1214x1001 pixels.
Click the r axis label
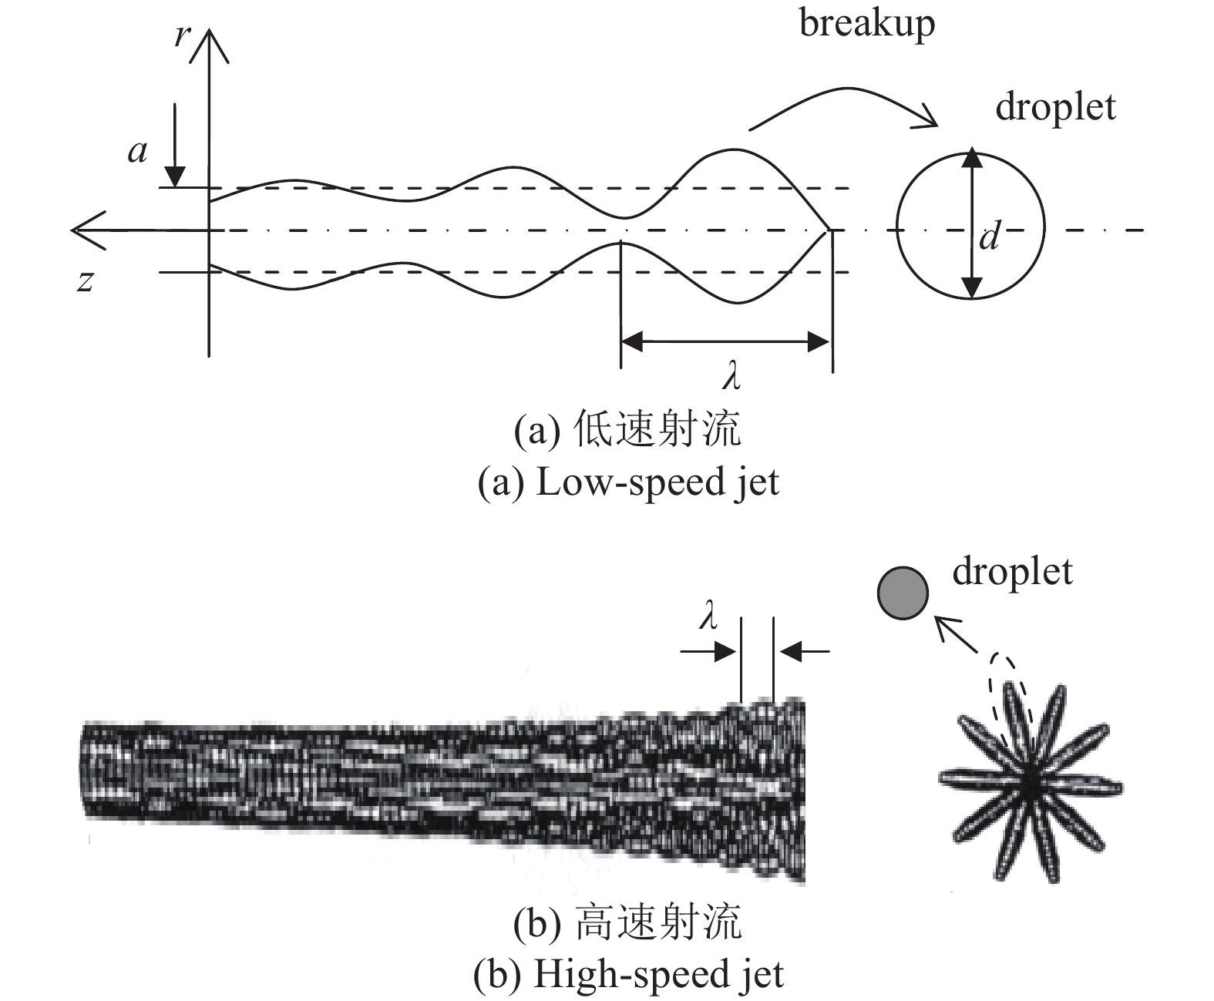tap(182, 34)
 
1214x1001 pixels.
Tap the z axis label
tap(86, 281)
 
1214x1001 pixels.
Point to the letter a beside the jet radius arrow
tap(138, 152)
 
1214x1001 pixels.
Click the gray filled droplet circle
tap(903, 593)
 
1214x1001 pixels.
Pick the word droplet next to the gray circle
tap(1012, 572)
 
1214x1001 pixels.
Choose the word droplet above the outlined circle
tap(1055, 106)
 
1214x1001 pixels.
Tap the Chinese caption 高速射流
tap(658, 922)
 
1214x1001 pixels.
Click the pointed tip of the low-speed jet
tap(829, 229)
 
